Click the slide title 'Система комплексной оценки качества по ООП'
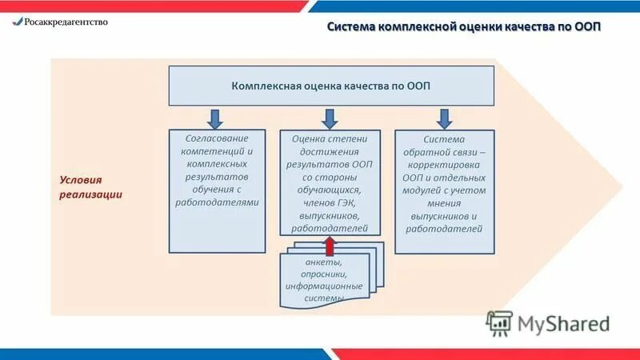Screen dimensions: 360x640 click(x=464, y=27)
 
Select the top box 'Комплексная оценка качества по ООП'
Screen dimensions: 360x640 click(x=330, y=86)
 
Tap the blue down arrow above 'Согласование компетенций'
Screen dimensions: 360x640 click(x=215, y=118)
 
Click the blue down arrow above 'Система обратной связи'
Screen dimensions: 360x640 click(x=445, y=118)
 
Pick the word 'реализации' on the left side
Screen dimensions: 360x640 click(x=91, y=195)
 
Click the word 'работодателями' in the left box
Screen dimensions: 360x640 click(x=218, y=202)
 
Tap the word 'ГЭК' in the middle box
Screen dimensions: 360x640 click(x=346, y=202)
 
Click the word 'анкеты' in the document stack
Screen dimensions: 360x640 click(x=324, y=262)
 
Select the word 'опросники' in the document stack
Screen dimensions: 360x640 click(x=324, y=274)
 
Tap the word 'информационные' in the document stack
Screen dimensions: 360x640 click(x=324, y=286)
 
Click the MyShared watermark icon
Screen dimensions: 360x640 click(x=499, y=323)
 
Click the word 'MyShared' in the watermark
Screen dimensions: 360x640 click(x=563, y=323)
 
